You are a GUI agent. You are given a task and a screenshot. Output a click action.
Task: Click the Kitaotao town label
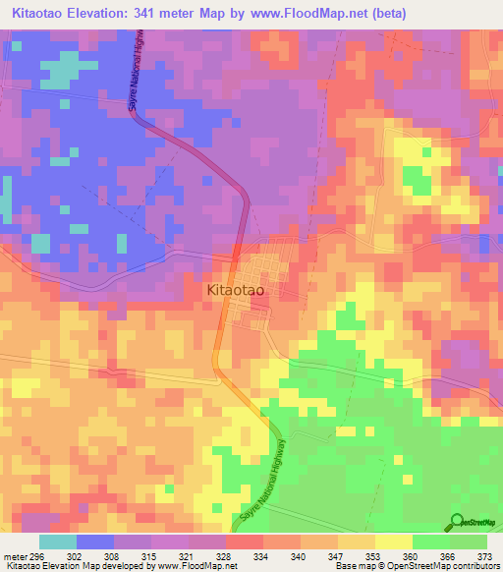241,291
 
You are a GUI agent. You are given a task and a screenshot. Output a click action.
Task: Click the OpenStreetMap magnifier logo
458,522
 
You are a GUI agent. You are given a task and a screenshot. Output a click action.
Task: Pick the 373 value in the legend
483,555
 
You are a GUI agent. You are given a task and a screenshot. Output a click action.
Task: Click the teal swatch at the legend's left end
58,542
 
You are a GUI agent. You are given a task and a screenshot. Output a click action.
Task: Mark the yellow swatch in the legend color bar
394,542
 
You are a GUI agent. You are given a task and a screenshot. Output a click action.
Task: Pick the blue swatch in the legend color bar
95,542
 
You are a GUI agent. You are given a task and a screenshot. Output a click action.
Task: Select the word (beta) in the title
387,13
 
